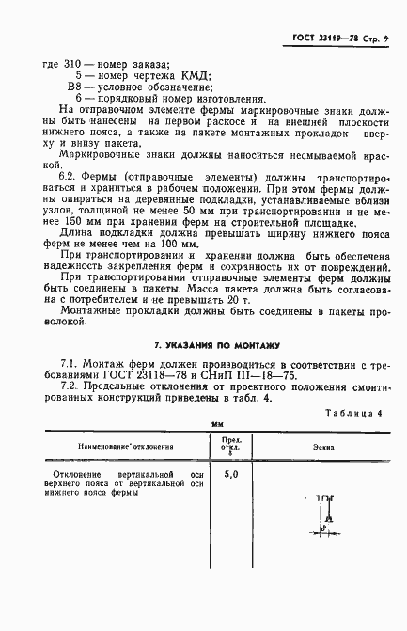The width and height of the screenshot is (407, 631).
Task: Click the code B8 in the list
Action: click(x=77, y=87)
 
